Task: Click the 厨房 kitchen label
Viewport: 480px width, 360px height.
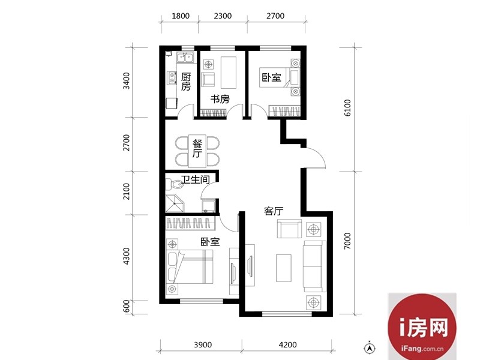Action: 186,82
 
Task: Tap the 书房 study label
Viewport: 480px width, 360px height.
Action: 220,99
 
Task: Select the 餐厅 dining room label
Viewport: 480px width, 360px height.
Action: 197,148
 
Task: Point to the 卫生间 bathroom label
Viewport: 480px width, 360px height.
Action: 196,179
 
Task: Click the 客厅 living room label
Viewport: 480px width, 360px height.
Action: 274,211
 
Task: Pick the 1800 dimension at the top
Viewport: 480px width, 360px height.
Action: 181,16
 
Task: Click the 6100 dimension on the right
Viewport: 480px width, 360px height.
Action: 347,108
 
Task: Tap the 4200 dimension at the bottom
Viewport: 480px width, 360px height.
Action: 288,345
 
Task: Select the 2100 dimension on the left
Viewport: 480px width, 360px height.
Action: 126,191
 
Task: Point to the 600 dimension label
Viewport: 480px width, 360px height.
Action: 126,306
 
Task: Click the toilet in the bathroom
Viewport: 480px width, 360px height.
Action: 175,184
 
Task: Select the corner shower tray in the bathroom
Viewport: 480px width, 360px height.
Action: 175,203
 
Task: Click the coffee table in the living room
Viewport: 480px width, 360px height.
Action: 283,268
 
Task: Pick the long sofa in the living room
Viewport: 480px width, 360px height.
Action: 314,266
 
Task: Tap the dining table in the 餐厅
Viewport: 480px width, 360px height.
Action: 197,151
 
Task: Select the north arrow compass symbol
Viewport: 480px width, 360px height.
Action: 370,348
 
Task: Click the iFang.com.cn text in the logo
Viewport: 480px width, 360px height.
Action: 422,349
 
